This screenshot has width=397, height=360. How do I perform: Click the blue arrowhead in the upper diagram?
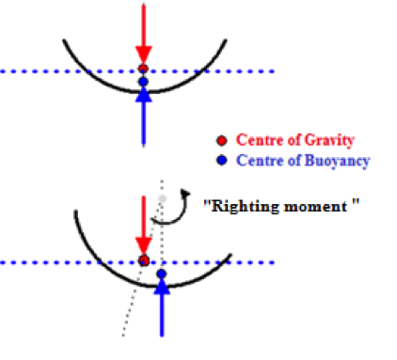click(144, 95)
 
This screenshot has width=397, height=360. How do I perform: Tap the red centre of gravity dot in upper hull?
click(143, 69)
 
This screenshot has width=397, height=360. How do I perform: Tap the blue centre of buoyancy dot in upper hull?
click(143, 82)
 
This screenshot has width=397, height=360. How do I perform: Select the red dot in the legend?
click(221, 140)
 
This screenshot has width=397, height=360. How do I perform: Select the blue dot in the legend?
click(221, 161)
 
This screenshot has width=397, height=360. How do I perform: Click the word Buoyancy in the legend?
click(337, 161)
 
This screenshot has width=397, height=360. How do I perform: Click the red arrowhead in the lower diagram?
click(144, 245)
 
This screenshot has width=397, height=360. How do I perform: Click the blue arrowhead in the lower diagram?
click(162, 287)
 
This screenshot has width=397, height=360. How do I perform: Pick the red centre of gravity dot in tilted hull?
click(144, 260)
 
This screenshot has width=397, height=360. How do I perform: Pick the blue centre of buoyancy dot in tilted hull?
click(162, 274)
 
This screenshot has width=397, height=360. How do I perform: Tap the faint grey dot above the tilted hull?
click(162, 198)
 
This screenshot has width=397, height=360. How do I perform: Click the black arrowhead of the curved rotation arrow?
click(185, 194)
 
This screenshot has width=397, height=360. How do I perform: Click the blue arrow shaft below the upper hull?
click(144, 123)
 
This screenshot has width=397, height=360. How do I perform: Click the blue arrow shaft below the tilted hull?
click(162, 315)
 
